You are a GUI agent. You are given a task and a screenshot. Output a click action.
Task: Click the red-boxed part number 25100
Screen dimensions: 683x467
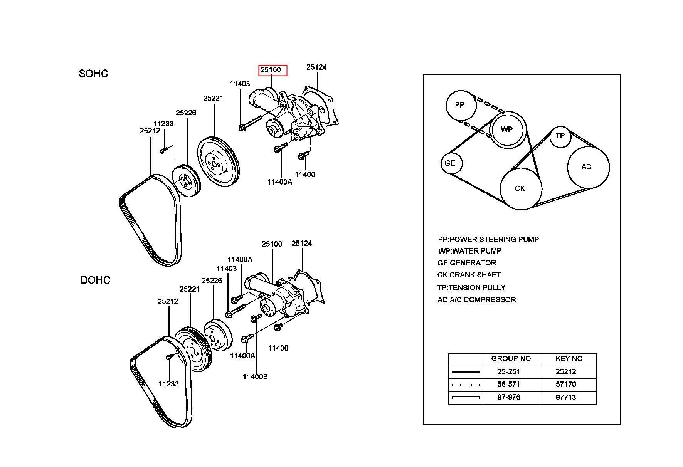click(x=273, y=70)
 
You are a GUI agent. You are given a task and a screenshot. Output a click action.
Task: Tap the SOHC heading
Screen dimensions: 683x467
click(x=93, y=74)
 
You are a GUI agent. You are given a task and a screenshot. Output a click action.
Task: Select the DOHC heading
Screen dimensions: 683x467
click(x=95, y=280)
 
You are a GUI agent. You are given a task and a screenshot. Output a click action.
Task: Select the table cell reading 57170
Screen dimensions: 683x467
click(x=566, y=385)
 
